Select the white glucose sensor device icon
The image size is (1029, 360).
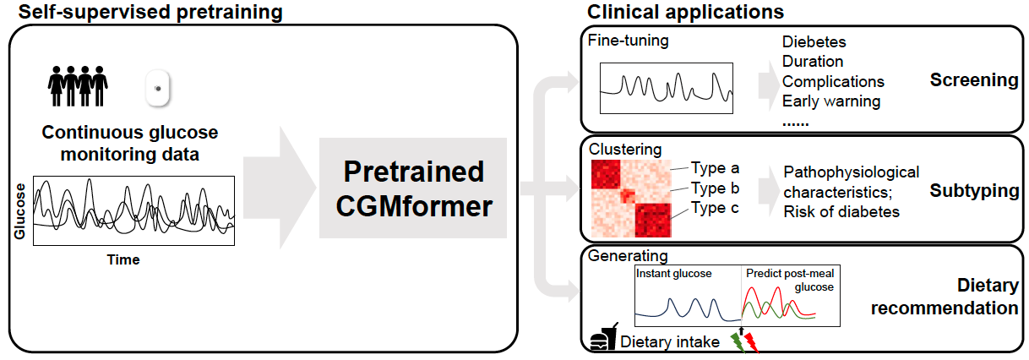[157, 88]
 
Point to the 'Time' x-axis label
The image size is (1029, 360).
[122, 260]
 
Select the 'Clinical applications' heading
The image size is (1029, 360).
[685, 12]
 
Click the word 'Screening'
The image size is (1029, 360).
[974, 80]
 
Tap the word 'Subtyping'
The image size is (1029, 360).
[974, 191]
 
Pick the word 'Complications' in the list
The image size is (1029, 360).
[833, 81]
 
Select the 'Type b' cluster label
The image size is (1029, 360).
[715, 187]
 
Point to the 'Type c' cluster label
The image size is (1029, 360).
[715, 207]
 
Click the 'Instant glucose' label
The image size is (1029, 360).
[674, 274]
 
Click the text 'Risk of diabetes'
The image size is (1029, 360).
[841, 211]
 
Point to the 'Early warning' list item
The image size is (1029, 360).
[831, 101]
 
